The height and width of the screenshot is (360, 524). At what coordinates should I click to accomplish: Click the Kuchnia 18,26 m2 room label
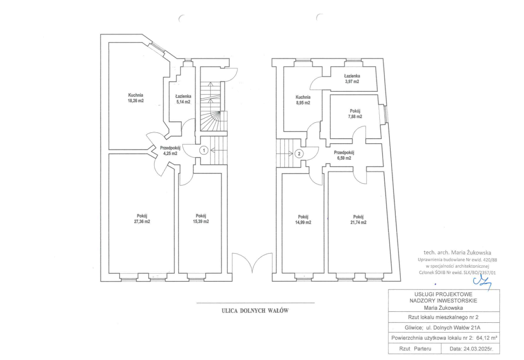(136, 98)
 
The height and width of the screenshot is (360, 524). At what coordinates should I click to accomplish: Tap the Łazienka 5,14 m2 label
(183, 99)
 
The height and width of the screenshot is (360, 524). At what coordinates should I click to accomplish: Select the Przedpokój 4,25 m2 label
(170, 150)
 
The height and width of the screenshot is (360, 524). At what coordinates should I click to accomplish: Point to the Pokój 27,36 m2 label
(142, 218)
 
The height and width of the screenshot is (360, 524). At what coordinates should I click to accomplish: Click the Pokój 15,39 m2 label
(201, 218)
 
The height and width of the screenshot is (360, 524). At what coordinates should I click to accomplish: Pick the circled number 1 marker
(203, 150)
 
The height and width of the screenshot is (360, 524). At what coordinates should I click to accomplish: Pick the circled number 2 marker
(299, 154)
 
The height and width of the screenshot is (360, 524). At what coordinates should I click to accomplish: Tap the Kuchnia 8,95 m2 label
(303, 100)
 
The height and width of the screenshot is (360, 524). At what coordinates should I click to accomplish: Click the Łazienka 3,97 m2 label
(352, 79)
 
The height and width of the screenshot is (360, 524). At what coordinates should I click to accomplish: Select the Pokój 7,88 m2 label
(355, 114)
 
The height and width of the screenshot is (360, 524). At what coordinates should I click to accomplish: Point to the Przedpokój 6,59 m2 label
(344, 155)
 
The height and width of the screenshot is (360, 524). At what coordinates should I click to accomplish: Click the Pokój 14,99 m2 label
(303, 220)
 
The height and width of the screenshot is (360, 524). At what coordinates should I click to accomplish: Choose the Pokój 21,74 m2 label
(358, 220)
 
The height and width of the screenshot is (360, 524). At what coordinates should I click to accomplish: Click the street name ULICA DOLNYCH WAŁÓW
(255, 310)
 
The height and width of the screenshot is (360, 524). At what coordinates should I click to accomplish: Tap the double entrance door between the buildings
(252, 262)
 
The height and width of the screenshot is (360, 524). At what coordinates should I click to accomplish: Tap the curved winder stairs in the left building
(213, 121)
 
